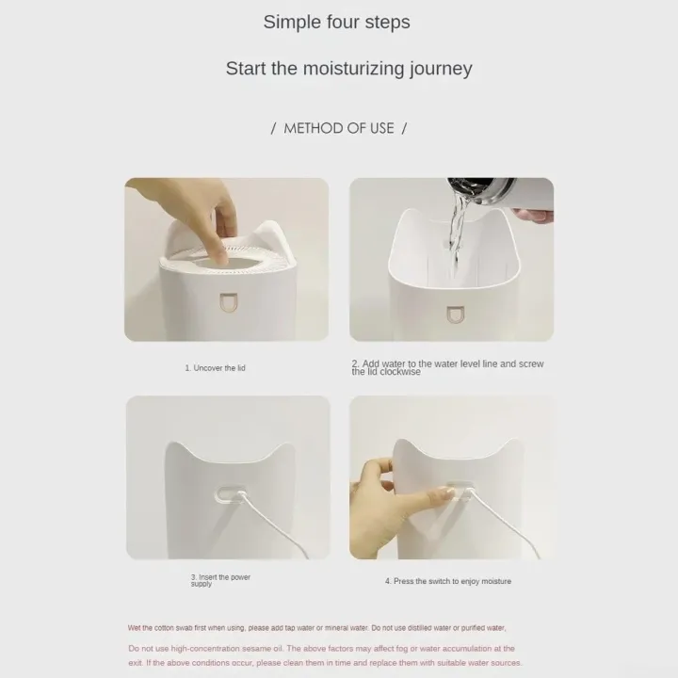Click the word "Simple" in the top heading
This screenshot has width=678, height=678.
tap(289, 23)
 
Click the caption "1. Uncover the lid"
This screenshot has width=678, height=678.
tap(216, 368)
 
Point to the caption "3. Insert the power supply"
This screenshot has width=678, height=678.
tap(220, 580)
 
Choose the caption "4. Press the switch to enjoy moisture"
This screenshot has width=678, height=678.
tap(448, 581)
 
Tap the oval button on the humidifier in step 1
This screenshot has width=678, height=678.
tap(228, 302)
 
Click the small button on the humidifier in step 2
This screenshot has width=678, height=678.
tap(455, 315)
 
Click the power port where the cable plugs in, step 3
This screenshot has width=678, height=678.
tap(230, 493)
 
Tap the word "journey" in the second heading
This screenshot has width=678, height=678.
tap(440, 70)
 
